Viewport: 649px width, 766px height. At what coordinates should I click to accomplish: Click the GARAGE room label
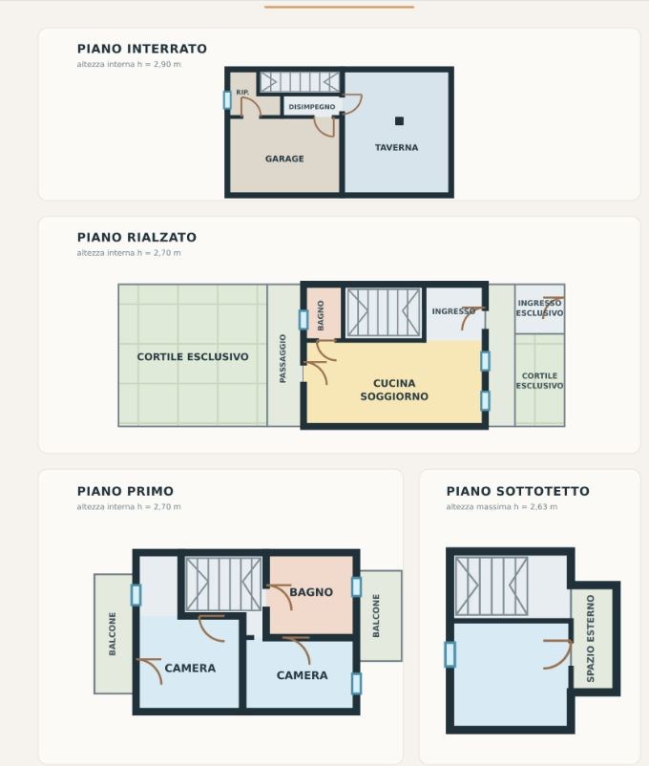coord(284,159)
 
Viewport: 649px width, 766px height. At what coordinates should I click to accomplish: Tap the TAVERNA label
coord(396,147)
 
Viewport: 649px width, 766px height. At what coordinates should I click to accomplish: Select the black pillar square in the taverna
coord(400,121)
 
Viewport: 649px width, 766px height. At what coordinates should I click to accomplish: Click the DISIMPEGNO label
coord(312,107)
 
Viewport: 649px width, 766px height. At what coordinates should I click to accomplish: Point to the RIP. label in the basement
coord(242,93)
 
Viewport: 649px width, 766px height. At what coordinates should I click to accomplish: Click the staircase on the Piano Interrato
coord(300,82)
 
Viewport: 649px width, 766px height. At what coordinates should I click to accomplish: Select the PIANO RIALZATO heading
coord(136,238)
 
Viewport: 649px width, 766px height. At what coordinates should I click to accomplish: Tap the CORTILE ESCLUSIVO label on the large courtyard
coord(193,357)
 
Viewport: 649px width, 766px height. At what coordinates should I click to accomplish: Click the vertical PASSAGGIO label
coord(283,358)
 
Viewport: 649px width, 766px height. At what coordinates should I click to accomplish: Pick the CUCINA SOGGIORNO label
coord(394,390)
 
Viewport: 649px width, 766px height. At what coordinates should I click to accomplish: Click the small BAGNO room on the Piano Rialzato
coord(324,313)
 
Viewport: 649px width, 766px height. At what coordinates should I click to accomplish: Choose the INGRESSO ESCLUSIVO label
coord(539,309)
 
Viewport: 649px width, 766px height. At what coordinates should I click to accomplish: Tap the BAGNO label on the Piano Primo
coord(311,592)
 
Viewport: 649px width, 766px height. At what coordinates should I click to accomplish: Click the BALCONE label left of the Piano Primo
coord(113,633)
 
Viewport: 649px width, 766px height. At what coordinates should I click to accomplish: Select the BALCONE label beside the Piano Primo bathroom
coord(376,615)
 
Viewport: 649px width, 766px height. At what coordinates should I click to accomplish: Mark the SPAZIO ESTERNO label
coord(591,638)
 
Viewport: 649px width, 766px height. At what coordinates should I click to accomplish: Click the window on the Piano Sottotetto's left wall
coord(450,654)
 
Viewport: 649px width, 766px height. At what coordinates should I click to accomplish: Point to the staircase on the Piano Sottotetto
coord(492,586)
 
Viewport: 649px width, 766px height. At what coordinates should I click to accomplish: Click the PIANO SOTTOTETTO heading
coord(518,492)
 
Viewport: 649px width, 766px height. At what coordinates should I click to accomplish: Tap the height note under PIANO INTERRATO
coord(129,65)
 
